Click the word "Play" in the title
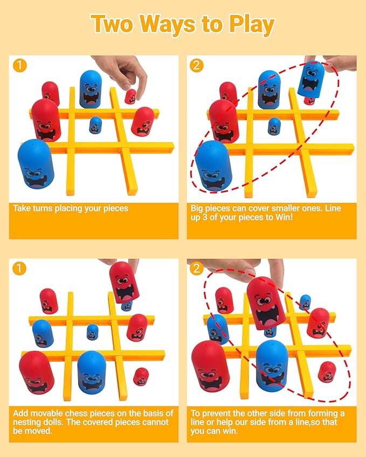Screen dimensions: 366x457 [x=251, y=25]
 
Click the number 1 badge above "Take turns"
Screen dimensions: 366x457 [x=19, y=66]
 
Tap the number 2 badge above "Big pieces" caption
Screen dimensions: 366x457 [x=196, y=66]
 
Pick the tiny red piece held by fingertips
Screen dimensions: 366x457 [x=130, y=96]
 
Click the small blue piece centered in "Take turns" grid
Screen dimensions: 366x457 [x=95, y=125]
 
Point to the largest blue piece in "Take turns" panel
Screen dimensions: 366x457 [x=36, y=164]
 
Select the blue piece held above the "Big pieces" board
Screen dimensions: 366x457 [x=311, y=80]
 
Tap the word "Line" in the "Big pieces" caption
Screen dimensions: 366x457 [x=333, y=208]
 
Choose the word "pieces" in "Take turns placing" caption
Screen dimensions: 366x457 [x=116, y=209]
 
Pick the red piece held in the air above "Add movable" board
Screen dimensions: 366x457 [x=125, y=282]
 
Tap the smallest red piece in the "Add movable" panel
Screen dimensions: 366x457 [x=141, y=377]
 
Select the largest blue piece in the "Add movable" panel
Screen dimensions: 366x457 [x=92, y=372]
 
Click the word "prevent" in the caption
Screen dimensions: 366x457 [x=216, y=414]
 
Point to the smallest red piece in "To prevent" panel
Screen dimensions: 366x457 [x=327, y=371]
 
